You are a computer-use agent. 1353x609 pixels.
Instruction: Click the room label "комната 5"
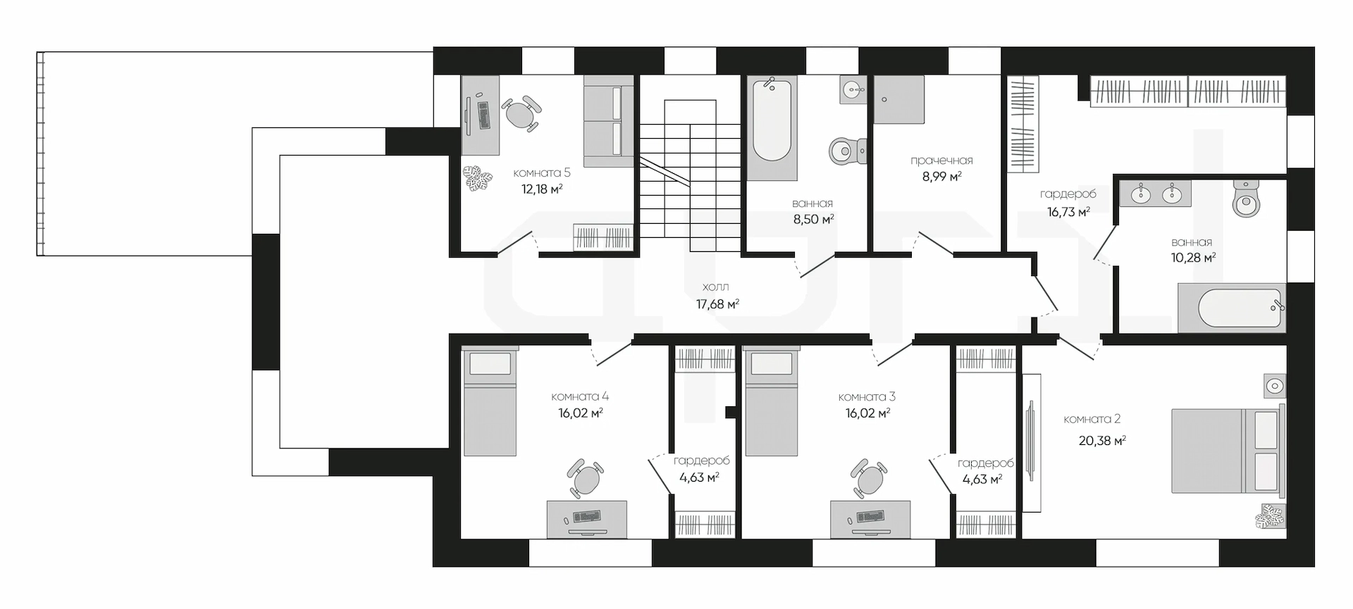[x=541, y=172]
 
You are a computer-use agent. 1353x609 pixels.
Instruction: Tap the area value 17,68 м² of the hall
[x=717, y=304]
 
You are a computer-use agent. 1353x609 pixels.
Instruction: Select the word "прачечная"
[x=941, y=161]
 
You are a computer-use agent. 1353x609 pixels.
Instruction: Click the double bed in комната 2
[x=1228, y=450]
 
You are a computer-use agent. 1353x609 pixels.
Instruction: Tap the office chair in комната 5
[x=521, y=113]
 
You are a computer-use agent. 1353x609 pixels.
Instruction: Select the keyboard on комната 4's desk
[x=586, y=517]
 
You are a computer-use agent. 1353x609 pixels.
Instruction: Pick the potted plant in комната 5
[x=478, y=178]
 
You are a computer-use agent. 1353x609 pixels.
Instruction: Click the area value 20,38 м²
[x=1102, y=441]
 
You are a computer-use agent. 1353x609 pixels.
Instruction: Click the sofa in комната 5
[x=609, y=122]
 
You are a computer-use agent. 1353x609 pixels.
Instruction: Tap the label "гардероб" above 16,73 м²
[x=1068, y=194]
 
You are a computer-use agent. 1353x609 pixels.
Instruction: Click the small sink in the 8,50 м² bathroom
[x=853, y=90]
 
